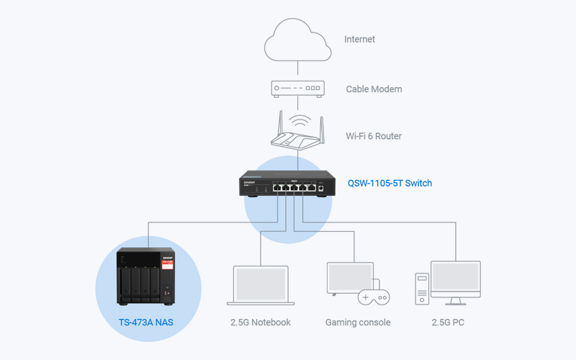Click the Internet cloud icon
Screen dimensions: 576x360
coord(297,40)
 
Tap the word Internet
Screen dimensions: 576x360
coord(359,40)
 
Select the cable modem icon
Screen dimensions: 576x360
coord(297,89)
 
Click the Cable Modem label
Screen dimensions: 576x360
coord(374,89)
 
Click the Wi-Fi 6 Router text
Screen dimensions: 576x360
coord(374,136)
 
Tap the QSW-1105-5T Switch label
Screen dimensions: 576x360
coord(390,183)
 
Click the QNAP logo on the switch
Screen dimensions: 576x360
coord(249,182)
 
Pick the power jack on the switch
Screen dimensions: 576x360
coord(320,188)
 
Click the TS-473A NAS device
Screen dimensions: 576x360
coord(146,276)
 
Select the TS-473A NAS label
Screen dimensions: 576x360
coord(146,322)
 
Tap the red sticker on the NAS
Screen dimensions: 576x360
coord(167,265)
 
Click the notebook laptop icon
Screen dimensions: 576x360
coord(261,285)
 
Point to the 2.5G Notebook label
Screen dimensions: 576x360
coord(261,322)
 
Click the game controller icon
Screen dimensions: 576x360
coord(374,297)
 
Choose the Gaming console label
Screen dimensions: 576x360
coord(358,322)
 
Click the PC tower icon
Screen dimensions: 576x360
coord(422,289)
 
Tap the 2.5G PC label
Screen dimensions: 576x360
coord(448,322)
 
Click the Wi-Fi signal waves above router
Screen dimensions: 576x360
coord(300,121)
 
